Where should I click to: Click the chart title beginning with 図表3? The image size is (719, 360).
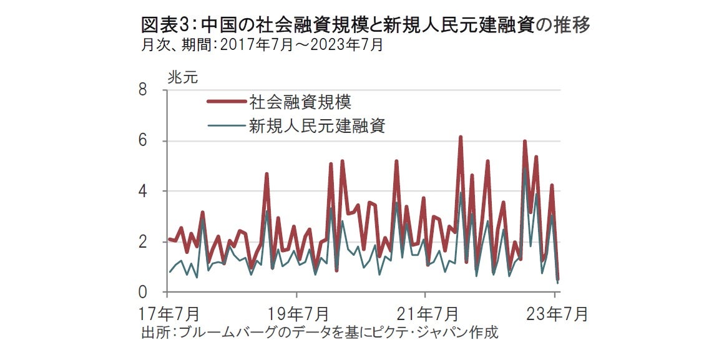pyautogui.click(x=366, y=26)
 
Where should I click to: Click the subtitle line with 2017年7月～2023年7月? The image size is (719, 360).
pyautogui.click(x=262, y=45)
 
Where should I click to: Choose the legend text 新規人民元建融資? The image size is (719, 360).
pyautogui.click(x=317, y=126)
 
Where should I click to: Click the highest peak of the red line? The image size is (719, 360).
pyautogui.click(x=461, y=137)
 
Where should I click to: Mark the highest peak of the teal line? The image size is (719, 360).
pyautogui.click(x=525, y=167)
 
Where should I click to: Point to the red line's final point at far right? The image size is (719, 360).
pyautogui.click(x=557, y=279)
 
